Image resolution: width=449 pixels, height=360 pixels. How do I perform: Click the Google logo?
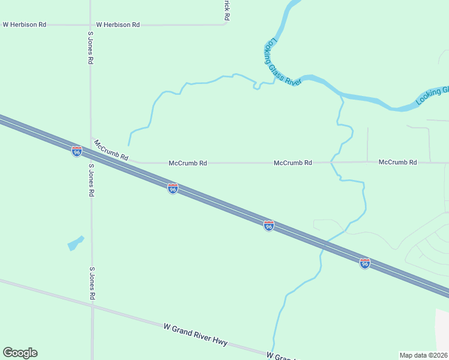pyautogui.click(x=20, y=353)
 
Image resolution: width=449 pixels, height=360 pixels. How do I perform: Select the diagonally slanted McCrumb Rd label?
pyautogui.click(x=111, y=149)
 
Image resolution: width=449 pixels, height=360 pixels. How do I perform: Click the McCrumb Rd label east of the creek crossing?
pyautogui.click(x=397, y=163)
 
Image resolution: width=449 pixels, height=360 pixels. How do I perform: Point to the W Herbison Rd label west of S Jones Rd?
pyautogui.click(x=25, y=25)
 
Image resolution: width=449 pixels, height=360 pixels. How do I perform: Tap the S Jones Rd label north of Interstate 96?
pyautogui.click(x=90, y=51)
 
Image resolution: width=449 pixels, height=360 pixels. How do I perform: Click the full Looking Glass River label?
pyautogui.click(x=282, y=63)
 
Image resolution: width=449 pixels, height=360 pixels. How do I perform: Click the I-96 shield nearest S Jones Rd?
pyautogui.click(x=77, y=151)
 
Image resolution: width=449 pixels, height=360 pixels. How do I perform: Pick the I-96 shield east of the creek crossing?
pyautogui.click(x=364, y=263)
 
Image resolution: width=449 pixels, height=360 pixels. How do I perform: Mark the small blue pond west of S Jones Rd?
pyautogui.click(x=75, y=243)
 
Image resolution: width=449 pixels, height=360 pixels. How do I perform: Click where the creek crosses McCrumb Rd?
pyautogui.click(x=331, y=162)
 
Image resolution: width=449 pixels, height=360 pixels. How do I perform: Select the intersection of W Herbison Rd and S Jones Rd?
pyautogui.click(x=90, y=25)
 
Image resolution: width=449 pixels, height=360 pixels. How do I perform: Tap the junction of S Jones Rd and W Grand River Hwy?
pyautogui.click(x=92, y=305)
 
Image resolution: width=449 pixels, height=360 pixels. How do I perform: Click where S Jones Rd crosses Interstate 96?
pyautogui.click(x=91, y=157)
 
